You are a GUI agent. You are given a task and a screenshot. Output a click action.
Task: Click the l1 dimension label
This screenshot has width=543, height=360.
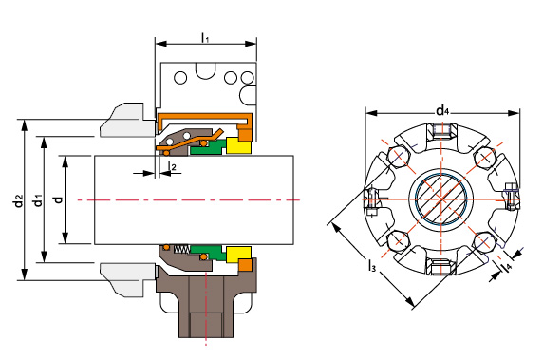(x=205, y=37)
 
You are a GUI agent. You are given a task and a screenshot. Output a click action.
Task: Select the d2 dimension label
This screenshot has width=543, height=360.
(x=18, y=200)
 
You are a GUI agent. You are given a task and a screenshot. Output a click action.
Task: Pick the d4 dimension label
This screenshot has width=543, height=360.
(x=442, y=110)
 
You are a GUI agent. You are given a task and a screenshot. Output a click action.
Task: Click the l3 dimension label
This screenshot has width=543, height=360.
(x=371, y=266)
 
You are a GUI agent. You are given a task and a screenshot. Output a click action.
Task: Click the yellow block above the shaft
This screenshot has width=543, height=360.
(x=238, y=145)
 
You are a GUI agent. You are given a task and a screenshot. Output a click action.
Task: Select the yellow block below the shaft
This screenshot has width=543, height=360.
(x=238, y=255)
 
